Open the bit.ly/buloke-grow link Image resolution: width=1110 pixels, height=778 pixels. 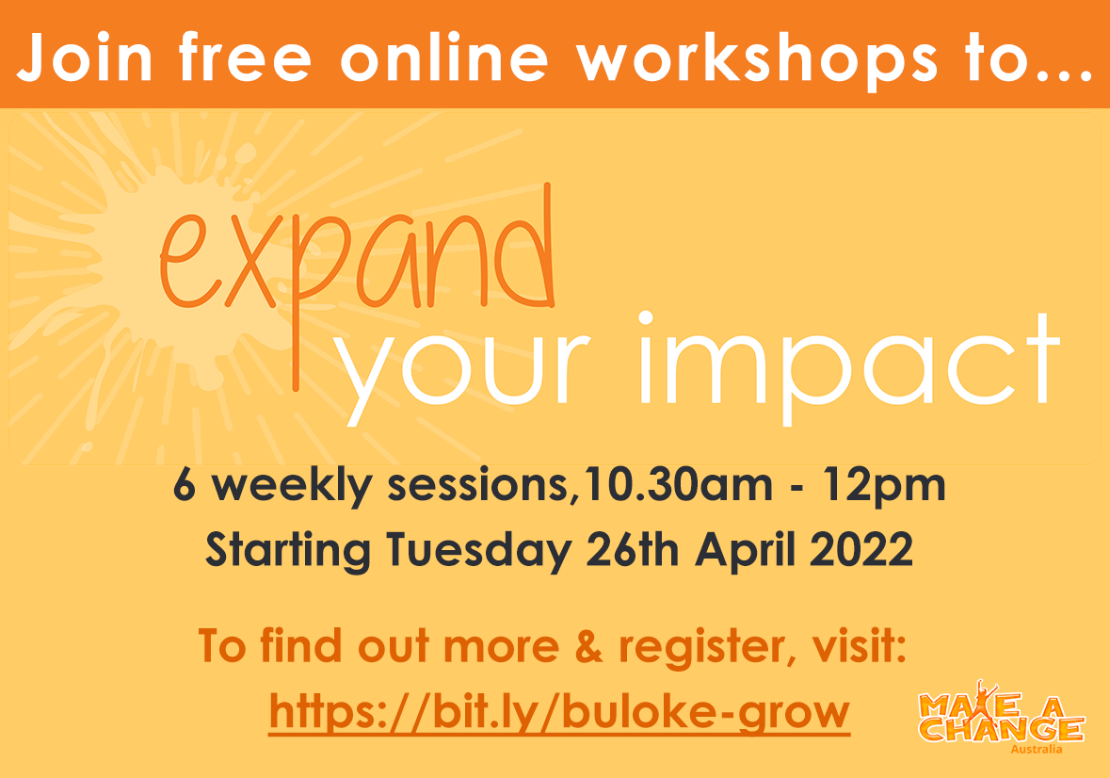(559, 711)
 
